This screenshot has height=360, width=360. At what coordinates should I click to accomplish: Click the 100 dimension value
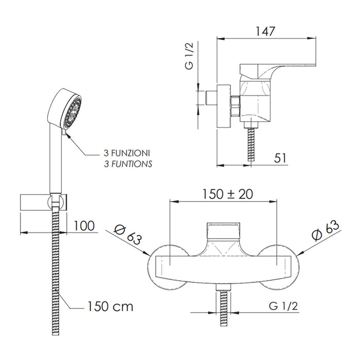click(x=84, y=225)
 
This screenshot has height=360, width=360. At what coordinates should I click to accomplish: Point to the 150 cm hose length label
click(x=109, y=307)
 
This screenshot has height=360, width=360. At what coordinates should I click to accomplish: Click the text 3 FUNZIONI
click(x=127, y=153)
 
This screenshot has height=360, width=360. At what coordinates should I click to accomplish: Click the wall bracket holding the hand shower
click(x=44, y=203)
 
